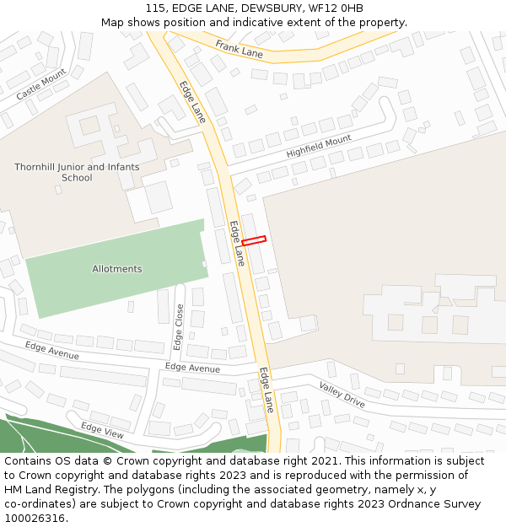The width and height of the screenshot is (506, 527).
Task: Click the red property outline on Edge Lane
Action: tap(254, 240)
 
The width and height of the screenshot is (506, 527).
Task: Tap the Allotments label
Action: tap(117, 269)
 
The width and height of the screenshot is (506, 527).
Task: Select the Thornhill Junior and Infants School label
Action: tap(77, 173)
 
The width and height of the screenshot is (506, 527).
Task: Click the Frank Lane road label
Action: tap(239, 49)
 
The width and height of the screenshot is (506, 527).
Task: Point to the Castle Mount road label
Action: tap(40, 85)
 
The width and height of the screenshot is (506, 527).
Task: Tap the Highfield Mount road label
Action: tap(319, 146)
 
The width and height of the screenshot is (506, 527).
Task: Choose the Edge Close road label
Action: tap(179, 327)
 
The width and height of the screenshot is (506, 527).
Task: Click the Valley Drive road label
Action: tap(342, 395)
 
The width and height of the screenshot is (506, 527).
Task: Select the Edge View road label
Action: tap(102, 430)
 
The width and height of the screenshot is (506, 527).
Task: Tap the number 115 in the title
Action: tap(156, 8)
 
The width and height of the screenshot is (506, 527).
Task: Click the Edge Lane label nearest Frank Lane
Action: tap(192, 102)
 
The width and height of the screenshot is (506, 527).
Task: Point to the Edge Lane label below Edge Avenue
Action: tap(267, 390)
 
